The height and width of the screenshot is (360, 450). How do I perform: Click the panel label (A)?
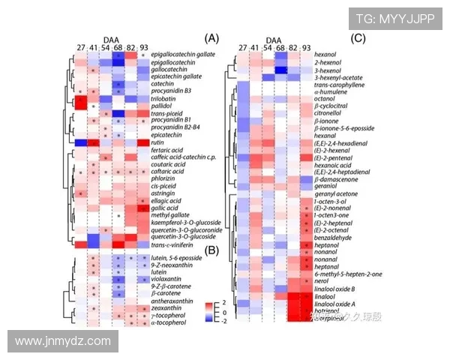211,38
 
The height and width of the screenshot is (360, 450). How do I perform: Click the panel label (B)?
210,249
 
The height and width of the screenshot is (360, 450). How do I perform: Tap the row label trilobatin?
165,98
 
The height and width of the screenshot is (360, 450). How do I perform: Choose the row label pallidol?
161,106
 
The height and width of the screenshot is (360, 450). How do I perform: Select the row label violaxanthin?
169,279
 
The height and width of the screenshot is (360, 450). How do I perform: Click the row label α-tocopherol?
170,324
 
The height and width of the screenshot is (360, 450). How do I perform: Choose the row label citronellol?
330,112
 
